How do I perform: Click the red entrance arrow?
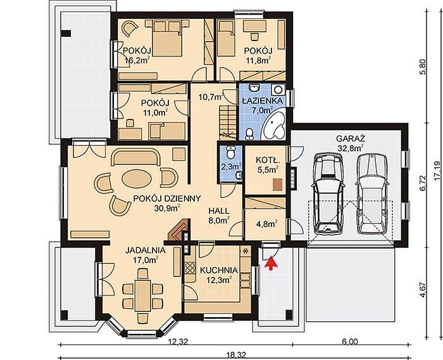[271, 263]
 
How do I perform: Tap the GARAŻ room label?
[351, 139]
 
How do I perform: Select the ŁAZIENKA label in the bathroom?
[262, 101]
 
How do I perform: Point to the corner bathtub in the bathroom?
[274, 125]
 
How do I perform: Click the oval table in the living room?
[137, 178]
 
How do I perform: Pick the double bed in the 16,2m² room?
[167, 39]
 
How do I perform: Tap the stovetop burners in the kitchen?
[190, 268]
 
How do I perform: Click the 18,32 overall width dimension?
[236, 355]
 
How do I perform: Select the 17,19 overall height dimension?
[437, 171]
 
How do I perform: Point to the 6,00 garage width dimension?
[350, 342]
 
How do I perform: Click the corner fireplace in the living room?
[178, 229]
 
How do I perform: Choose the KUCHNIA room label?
[219, 270]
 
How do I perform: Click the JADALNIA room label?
[145, 250]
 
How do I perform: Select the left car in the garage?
[328, 193]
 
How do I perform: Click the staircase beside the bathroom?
[227, 123]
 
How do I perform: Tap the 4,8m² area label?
[266, 224]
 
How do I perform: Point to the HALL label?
[219, 211]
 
